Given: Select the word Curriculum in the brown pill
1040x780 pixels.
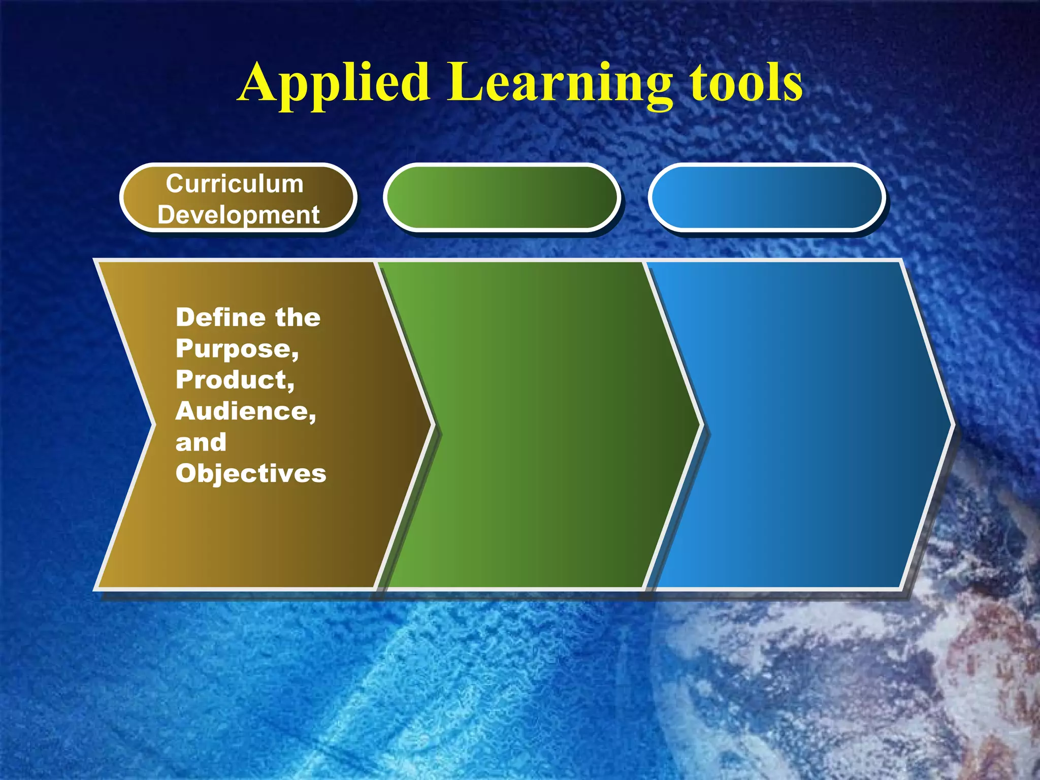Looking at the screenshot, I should pyautogui.click(x=235, y=183).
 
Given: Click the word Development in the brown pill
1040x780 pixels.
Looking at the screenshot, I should pyautogui.click(x=238, y=215).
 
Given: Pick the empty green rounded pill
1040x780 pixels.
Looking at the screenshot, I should pyautogui.click(x=502, y=198).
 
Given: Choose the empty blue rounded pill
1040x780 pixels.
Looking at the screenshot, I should pyautogui.click(x=766, y=198).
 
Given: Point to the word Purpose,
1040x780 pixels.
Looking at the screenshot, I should pyautogui.click(x=237, y=349).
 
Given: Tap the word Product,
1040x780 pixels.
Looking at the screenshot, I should pyautogui.click(x=235, y=380).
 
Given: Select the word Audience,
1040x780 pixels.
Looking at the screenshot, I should pyautogui.click(x=246, y=411).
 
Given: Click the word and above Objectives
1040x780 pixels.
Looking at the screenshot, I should pyautogui.click(x=201, y=442).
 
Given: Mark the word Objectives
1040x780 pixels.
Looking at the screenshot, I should pyautogui.click(x=251, y=473).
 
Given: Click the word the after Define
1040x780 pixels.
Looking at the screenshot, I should pyautogui.click(x=298, y=318).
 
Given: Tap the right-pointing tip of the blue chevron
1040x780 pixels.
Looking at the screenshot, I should pyautogui.click(x=949, y=425).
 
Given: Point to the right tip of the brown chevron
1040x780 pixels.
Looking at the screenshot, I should pyautogui.click(x=431, y=425).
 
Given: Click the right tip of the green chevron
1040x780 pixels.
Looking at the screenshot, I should pyautogui.click(x=699, y=425).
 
